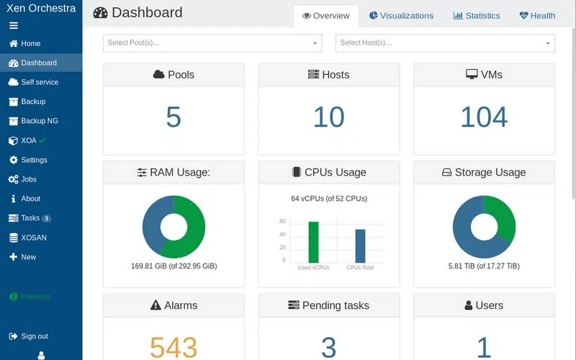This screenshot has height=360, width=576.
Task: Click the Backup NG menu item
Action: click(x=39, y=121)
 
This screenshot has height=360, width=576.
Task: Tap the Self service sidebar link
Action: click(x=39, y=82)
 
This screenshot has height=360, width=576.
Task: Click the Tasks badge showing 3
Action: click(x=46, y=218)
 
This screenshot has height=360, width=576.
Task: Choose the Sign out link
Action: click(x=34, y=336)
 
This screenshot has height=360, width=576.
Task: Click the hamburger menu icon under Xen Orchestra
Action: click(x=13, y=26)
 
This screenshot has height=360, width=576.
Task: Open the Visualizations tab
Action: click(x=401, y=15)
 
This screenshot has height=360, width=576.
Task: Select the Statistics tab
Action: click(x=477, y=15)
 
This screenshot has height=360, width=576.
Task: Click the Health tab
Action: click(x=537, y=15)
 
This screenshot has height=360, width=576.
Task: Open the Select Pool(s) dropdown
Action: click(x=212, y=43)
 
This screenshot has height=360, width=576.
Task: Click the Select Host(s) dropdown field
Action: click(x=445, y=43)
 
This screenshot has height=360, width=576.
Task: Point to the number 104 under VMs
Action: click(x=484, y=117)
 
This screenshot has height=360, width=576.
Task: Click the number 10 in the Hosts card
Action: click(x=328, y=117)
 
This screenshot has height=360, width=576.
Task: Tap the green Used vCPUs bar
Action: click(x=313, y=243)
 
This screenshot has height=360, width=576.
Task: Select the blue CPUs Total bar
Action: click(x=360, y=246)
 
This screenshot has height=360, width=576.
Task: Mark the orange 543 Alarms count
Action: click(x=174, y=347)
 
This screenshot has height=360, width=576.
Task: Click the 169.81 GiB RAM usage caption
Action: click(x=174, y=266)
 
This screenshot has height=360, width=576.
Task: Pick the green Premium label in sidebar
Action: click(x=35, y=297)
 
